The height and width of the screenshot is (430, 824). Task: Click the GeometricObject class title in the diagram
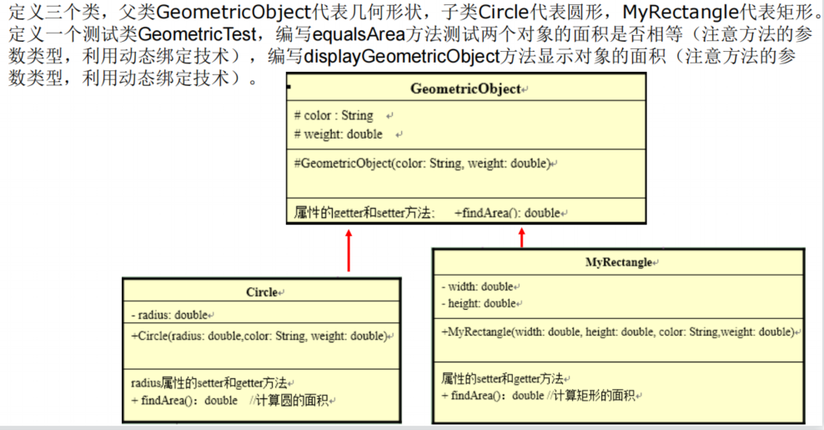(465, 89)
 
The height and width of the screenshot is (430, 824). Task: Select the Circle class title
(262, 292)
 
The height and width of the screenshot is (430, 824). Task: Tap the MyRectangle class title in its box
(618, 262)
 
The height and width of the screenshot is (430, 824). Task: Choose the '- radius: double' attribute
(168, 314)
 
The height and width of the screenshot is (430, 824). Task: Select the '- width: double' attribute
(477, 286)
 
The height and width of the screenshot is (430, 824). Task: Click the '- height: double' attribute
(479, 303)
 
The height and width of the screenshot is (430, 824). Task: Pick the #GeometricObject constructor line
(422, 163)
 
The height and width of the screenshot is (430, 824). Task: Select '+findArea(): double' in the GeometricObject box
(507, 213)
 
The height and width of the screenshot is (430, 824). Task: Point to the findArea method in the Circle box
(184, 400)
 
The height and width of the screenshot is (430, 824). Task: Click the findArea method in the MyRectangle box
(492, 395)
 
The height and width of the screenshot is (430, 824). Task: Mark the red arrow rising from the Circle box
(349, 250)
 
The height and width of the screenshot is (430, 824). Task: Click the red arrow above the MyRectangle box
(522, 237)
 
